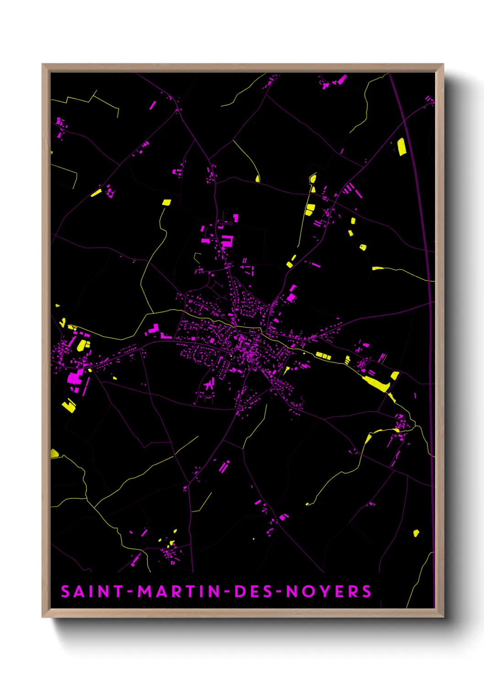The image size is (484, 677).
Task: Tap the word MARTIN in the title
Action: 179,591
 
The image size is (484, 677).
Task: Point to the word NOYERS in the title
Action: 328,591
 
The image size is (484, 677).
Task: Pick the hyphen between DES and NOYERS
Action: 278,592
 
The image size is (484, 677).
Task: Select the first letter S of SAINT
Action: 65,591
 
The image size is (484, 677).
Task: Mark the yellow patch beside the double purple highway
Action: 401,147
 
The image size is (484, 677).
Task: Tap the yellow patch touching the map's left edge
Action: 54,453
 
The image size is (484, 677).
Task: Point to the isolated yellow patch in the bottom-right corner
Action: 416,533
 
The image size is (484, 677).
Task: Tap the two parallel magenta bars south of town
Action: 223,467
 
